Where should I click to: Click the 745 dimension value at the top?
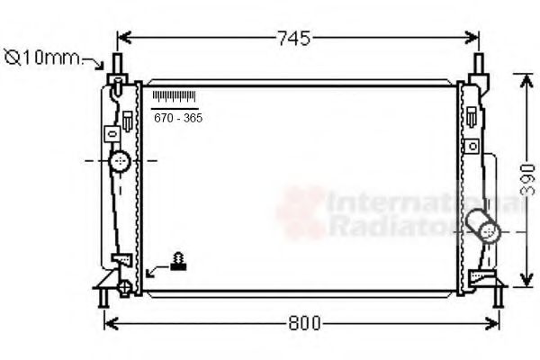293,38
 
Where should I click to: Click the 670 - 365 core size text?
177,118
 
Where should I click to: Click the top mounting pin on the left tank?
116,66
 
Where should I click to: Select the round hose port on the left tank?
120,162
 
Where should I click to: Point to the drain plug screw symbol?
179,262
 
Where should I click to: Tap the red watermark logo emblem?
301,211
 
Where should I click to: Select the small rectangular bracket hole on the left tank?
112,132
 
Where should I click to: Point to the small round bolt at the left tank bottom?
125,287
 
